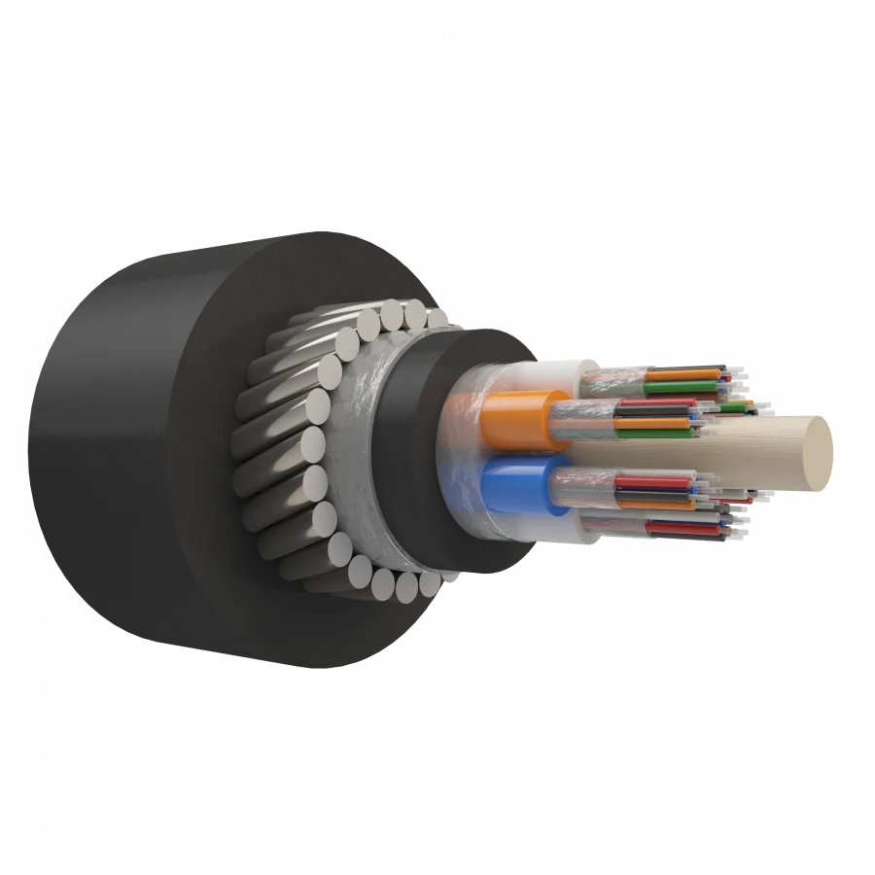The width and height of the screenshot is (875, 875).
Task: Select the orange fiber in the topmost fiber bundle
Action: pyautogui.click(x=681, y=372)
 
